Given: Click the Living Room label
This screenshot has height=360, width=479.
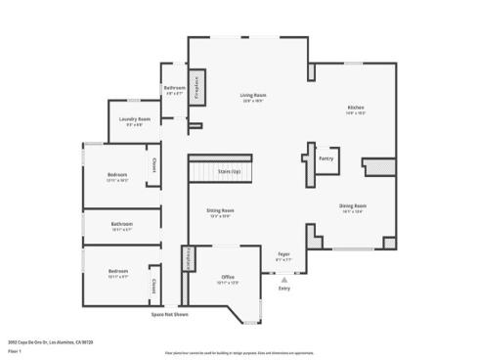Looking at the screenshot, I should [x=253, y=96].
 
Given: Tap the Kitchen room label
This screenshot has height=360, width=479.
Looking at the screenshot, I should [x=355, y=108].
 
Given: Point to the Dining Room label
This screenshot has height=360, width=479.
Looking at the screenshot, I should [x=353, y=205].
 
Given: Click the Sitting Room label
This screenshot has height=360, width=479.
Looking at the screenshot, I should [x=220, y=210].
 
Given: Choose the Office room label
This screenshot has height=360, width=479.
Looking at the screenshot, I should [x=227, y=277].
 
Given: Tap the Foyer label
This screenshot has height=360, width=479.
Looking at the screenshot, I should [x=283, y=253].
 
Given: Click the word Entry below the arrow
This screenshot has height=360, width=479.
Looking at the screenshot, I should [x=284, y=289].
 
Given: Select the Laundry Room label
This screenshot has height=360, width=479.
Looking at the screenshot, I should [x=135, y=119].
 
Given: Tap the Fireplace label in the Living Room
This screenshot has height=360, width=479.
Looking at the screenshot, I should [x=196, y=88].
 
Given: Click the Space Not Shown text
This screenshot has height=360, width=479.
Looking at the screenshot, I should [x=169, y=315].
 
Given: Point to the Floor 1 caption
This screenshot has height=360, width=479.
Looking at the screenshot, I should [x=15, y=348].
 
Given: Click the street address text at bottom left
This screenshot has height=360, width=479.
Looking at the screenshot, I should [x=49, y=340].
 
